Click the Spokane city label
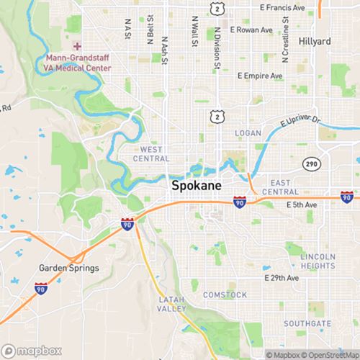197,185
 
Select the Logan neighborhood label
248,133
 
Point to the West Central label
151,153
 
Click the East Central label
280,188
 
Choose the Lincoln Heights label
318,261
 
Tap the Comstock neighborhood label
225,294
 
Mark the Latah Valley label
173,303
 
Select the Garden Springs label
68,268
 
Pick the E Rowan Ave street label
252,30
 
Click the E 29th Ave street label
281,277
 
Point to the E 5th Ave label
301,205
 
